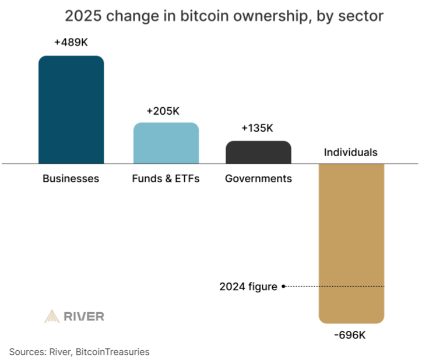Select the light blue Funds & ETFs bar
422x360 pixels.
166,143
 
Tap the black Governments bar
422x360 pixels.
258,152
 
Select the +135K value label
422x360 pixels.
257,128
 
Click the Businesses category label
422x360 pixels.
71,179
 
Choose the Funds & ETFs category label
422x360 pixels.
166,179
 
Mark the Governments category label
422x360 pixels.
258,179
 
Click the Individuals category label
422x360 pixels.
351,153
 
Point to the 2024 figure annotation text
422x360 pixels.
248,287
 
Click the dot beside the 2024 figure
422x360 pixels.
283,286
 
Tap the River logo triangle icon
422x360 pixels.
52,317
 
